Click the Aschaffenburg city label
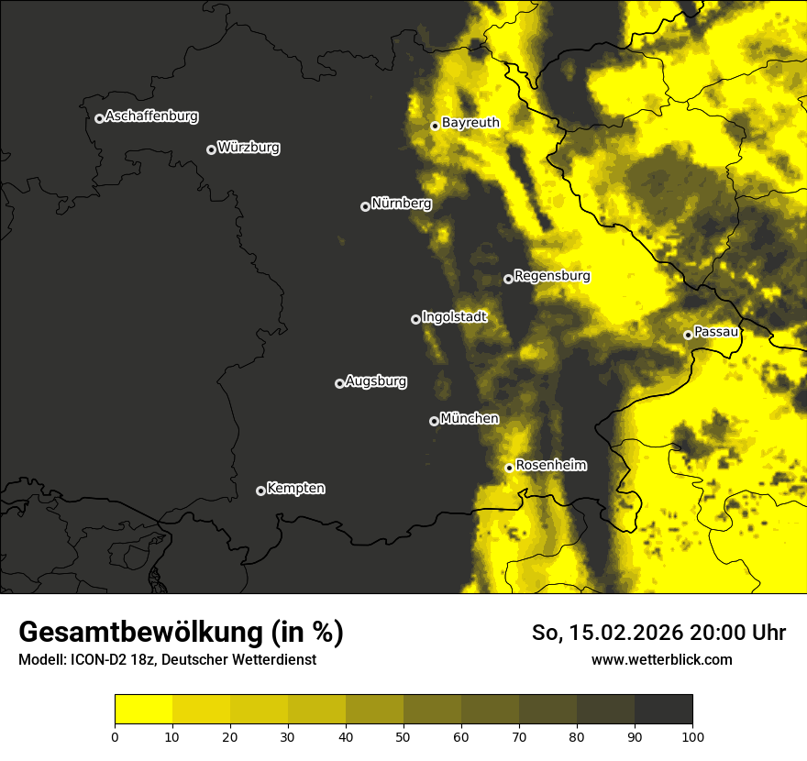click(151, 116)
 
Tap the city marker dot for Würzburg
click(211, 149)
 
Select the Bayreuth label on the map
click(470, 122)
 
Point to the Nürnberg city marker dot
click(365, 206)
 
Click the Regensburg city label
click(552, 275)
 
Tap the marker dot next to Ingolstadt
click(415, 319)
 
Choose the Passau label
click(716, 331)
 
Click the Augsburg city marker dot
click(339, 383)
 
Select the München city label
click(470, 418)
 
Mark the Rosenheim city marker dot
click(509, 468)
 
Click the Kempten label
click(295, 488)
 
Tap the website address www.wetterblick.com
click(662, 659)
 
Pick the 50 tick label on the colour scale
click(403, 735)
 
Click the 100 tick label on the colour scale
click(692, 735)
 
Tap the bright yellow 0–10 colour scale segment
click(143, 710)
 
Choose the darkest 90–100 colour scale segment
click(663, 710)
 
